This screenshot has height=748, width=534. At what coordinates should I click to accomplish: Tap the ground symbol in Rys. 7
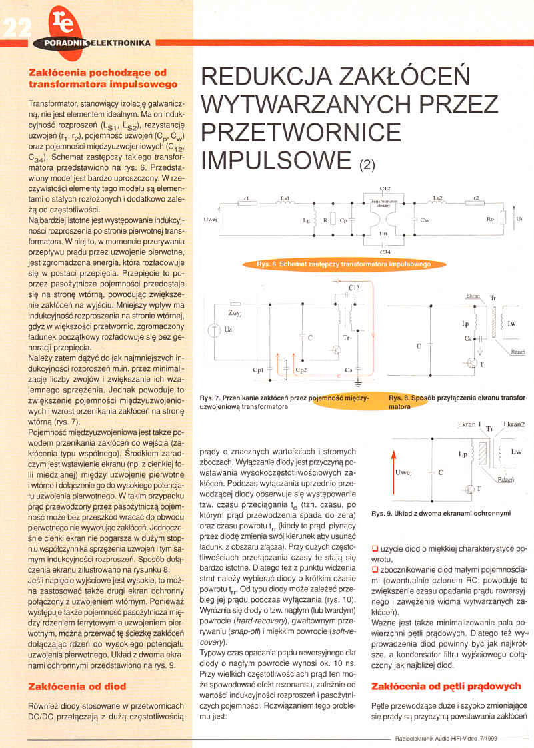pos(359,383)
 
